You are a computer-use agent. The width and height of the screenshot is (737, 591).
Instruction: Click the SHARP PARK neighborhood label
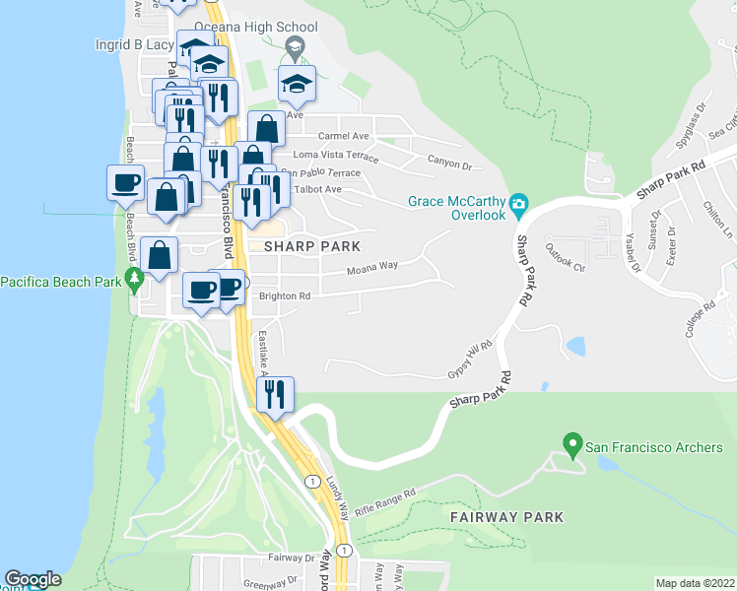pos(304,245)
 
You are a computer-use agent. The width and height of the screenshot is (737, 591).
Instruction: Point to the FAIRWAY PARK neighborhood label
pos(506,517)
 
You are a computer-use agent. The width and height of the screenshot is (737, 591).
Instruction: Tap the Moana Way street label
pos(371,266)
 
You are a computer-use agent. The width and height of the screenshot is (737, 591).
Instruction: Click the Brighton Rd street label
pos(285,295)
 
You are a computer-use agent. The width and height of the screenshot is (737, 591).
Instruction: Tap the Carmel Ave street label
pos(343,136)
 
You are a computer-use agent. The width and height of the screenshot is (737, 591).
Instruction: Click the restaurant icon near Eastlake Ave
pos(273,394)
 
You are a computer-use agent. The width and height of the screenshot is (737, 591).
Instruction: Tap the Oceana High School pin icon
pos(294,47)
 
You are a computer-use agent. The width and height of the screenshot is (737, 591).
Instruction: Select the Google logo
pos(33,579)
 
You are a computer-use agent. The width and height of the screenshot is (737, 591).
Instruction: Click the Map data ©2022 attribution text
pos(695,583)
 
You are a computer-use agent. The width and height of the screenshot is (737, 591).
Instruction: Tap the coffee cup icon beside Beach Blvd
pos(125,181)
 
